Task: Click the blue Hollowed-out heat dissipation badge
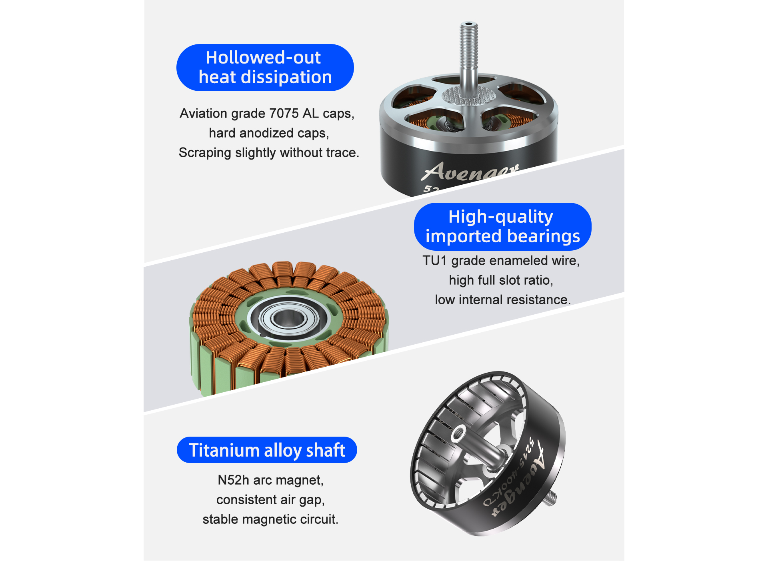[x=265, y=68]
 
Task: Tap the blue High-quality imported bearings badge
[x=502, y=226]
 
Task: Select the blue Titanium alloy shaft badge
[x=267, y=450]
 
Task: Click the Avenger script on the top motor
[x=470, y=172]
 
